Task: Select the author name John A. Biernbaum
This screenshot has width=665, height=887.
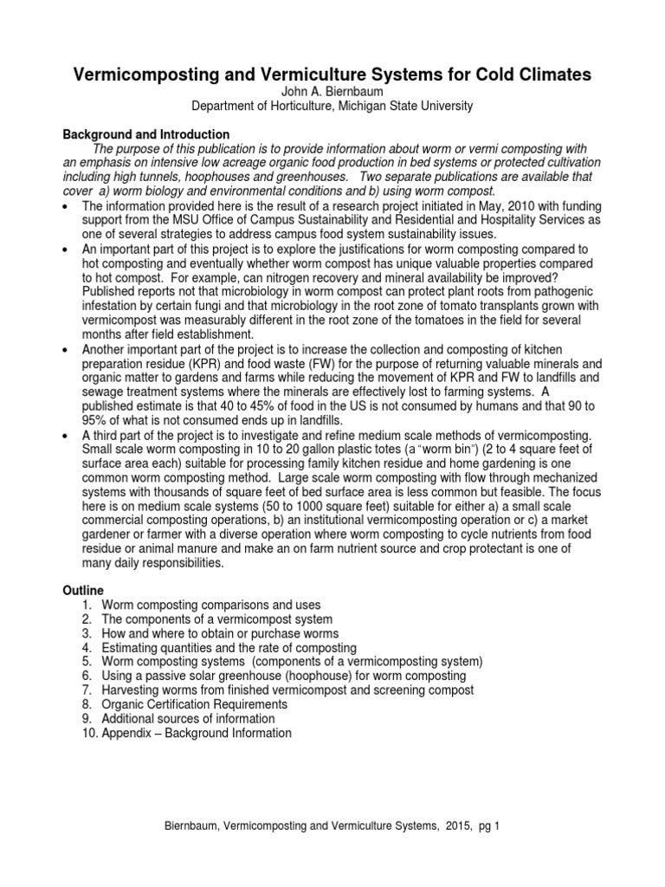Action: (x=332, y=92)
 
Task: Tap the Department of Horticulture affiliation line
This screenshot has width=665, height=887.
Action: (x=332, y=106)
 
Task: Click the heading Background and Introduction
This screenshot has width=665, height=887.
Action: (x=146, y=134)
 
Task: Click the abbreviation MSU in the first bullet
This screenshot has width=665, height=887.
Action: (x=173, y=220)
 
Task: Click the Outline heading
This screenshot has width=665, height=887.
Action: (x=83, y=590)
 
